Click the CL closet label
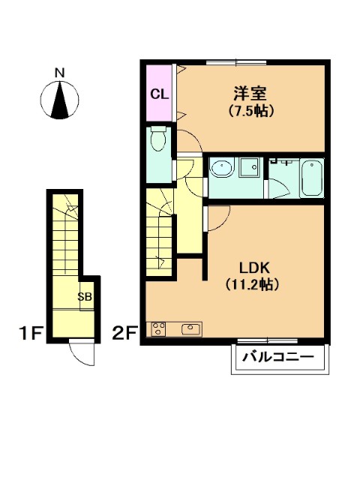click(159, 94)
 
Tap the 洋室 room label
click(250, 93)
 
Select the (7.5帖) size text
click(251, 111)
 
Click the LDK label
click(254, 268)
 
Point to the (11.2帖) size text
click(252, 284)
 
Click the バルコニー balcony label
click(278, 357)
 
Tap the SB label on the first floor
click(85, 296)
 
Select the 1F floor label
click(30, 333)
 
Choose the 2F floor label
click(124, 333)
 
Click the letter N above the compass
click(60, 73)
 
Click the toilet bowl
click(158, 139)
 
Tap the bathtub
click(311, 178)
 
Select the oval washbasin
click(222, 169)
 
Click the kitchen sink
click(191, 329)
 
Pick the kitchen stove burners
click(158, 328)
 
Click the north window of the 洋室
click(236, 63)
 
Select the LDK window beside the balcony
click(268, 340)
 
